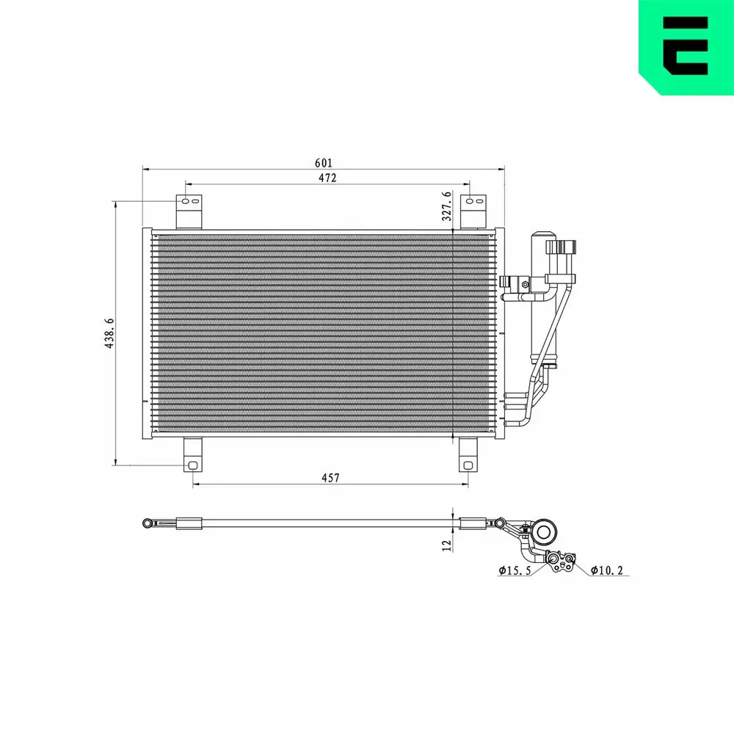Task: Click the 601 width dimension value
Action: pos(324,162)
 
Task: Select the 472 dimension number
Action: pos(327,178)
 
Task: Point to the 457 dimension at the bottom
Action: pos(330,478)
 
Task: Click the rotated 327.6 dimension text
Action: pos(446,206)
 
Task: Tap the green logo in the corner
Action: pos(686,47)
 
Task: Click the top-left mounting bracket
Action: pos(189,211)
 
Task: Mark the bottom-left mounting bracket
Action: pos(192,455)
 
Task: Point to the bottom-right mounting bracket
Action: pos(468,455)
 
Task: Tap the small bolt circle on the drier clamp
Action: pos(525,283)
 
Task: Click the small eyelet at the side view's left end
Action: pos(148,523)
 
